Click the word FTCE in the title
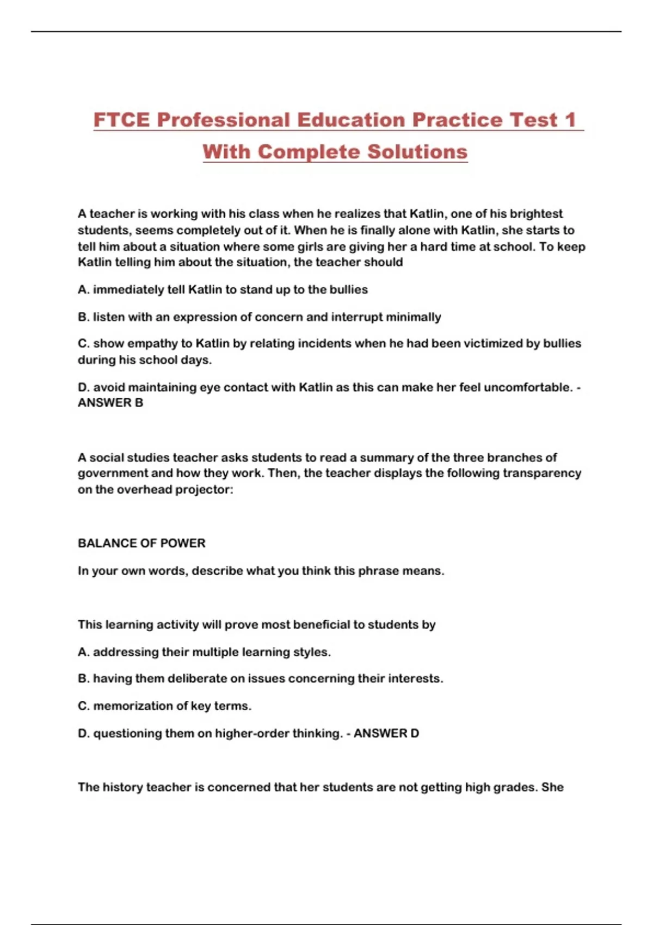[x=121, y=120]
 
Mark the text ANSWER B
[x=110, y=403]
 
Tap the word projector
[x=205, y=489]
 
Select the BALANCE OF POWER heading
[x=141, y=543]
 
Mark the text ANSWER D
[x=386, y=733]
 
